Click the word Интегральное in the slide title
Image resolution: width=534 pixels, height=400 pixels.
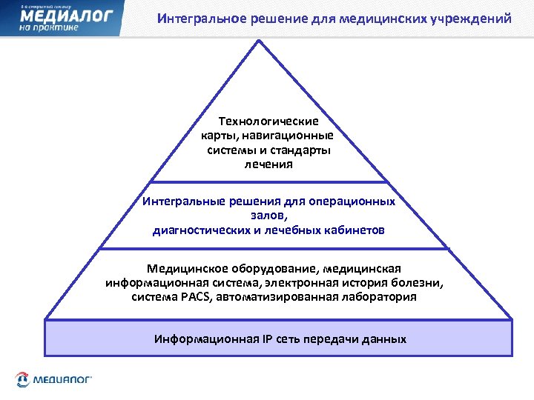coord(194,18)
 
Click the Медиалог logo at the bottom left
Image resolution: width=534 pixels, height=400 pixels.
coord(52,379)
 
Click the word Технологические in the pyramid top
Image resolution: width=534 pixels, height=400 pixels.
coord(268,121)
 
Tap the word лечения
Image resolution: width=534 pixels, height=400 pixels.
coord(268,164)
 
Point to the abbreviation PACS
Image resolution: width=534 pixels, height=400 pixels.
coord(194,297)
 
